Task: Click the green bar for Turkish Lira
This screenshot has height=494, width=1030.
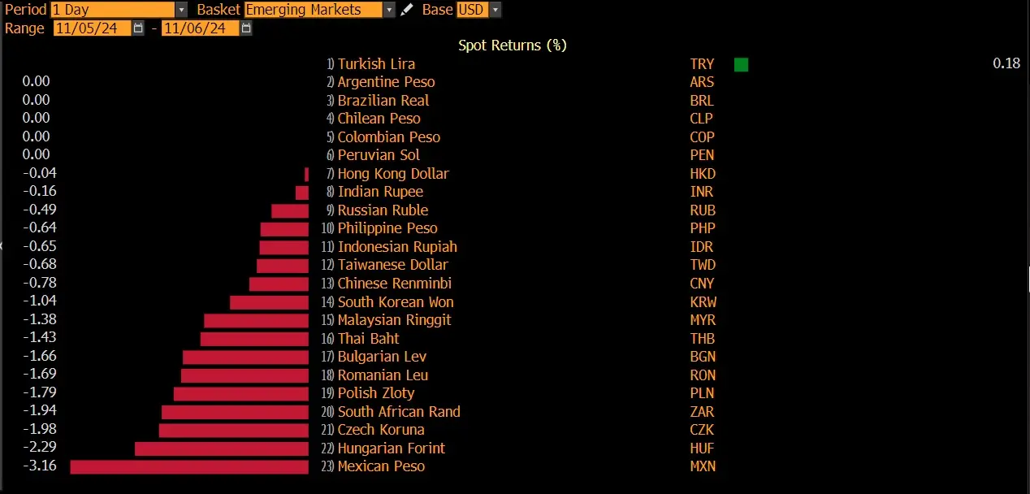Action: (741, 64)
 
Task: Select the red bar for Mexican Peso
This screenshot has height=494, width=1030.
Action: (189, 467)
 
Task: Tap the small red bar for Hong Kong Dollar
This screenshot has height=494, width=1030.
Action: (307, 175)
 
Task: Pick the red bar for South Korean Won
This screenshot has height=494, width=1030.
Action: (270, 302)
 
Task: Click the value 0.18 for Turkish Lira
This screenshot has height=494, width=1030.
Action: (1006, 63)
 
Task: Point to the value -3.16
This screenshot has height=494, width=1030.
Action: (40, 466)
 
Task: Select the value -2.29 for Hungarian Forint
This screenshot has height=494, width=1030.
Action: (40, 447)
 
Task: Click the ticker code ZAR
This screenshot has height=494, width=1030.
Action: (702, 412)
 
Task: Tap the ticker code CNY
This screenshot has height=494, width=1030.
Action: (702, 284)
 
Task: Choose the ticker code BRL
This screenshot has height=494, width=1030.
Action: (702, 100)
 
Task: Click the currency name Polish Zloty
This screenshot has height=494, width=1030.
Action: (375, 393)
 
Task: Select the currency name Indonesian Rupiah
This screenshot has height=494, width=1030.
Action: (397, 247)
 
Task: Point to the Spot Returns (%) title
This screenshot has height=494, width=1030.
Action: (513, 45)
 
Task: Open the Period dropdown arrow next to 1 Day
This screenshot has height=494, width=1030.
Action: (182, 10)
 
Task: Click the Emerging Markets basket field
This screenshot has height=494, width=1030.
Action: (314, 10)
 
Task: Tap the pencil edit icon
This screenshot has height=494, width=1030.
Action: (406, 10)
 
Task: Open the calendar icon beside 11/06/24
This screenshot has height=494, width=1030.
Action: (246, 28)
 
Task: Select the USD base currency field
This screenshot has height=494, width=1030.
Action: (472, 10)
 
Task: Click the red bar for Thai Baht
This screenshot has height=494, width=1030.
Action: (254, 339)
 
